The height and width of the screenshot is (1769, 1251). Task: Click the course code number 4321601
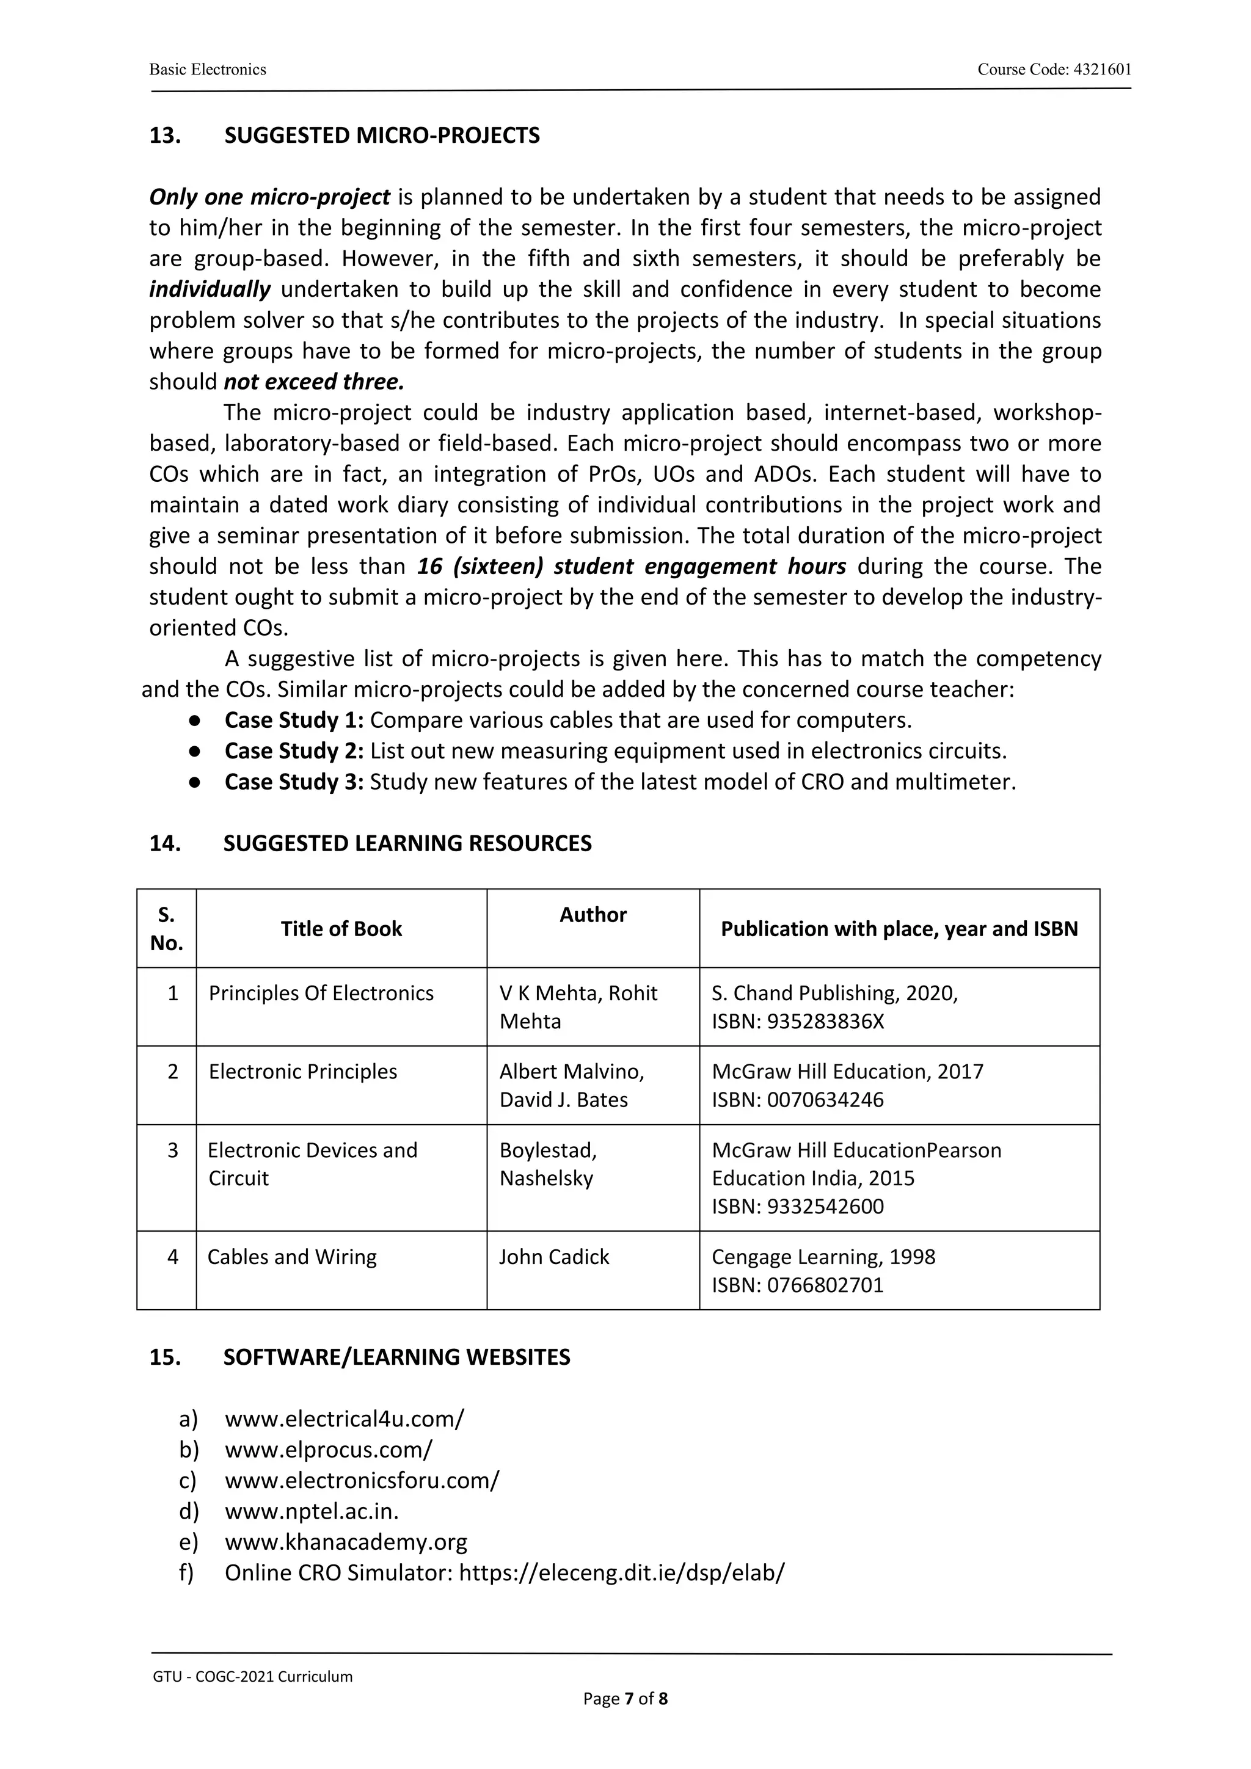point(1102,70)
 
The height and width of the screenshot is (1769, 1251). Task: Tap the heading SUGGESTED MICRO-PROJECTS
point(382,136)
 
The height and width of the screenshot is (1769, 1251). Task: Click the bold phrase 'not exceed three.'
point(314,382)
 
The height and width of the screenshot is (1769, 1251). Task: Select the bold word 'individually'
point(210,289)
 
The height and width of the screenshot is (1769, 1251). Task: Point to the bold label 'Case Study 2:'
point(294,751)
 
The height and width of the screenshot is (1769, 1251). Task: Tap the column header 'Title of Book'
point(341,929)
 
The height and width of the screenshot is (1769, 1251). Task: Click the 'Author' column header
point(593,915)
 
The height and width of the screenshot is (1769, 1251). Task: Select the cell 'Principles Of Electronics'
point(321,993)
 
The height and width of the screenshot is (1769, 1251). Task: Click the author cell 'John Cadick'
point(553,1257)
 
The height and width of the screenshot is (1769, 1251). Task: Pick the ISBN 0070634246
point(825,1100)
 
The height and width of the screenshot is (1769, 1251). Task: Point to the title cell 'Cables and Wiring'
point(292,1257)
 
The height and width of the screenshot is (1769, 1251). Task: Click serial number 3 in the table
point(173,1150)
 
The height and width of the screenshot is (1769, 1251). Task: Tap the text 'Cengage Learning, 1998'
point(823,1257)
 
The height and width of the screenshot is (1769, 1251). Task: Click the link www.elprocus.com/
point(329,1450)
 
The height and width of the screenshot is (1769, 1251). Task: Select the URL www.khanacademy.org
point(346,1542)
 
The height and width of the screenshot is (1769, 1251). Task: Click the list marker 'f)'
point(188,1574)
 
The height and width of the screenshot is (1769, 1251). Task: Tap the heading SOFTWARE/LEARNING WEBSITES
point(396,1357)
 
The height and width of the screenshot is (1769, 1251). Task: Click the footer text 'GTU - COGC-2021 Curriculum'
point(253,1677)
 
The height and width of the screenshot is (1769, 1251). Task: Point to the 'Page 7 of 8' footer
point(625,1699)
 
